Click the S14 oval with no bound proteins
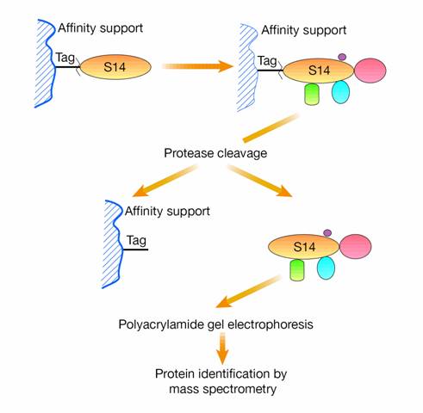pyautogui.click(x=115, y=67)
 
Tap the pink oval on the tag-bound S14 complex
pyautogui.click(x=370, y=71)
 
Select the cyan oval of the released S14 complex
pyautogui.click(x=326, y=268)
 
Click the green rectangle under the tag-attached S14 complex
pyautogui.click(x=312, y=94)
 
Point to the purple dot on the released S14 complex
pyautogui.click(x=327, y=233)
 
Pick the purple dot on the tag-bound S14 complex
pyautogui.click(x=342, y=57)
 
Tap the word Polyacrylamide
pyautogui.click(x=160, y=324)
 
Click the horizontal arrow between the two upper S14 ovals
pyautogui.click(x=197, y=66)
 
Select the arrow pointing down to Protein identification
pyautogui.click(x=222, y=348)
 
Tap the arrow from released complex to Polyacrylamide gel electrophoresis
pyautogui.click(x=248, y=292)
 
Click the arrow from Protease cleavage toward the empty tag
pyautogui.click(x=165, y=181)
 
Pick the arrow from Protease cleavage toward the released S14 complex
pyautogui.click(x=260, y=181)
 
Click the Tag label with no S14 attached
pyautogui.click(x=136, y=241)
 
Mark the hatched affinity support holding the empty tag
pyautogui.click(x=113, y=243)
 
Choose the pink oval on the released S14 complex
pyautogui.click(x=356, y=247)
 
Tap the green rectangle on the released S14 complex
pyautogui.click(x=297, y=270)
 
